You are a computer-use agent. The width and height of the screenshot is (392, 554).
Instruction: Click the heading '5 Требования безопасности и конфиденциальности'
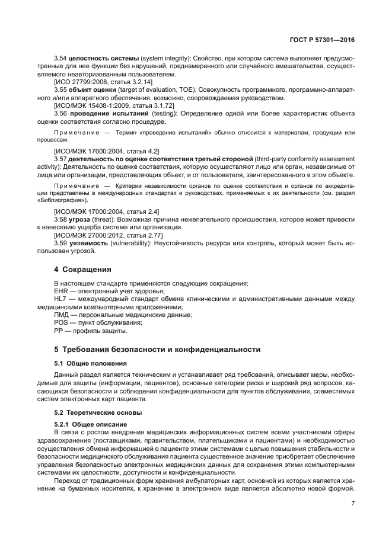pyautogui.click(x=157, y=349)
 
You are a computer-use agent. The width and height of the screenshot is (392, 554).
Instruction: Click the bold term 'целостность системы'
pyautogui.click(x=104, y=59)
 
